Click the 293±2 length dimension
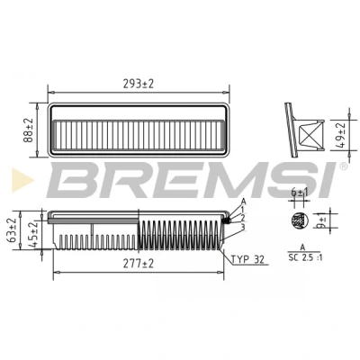point(139,84)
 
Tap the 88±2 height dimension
point(30,130)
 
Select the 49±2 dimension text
point(341,135)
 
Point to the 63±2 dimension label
point(13,229)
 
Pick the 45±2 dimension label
point(34,234)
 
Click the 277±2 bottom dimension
point(139,264)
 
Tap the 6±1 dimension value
point(300,193)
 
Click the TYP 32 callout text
point(247,259)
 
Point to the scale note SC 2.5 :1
point(305,257)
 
